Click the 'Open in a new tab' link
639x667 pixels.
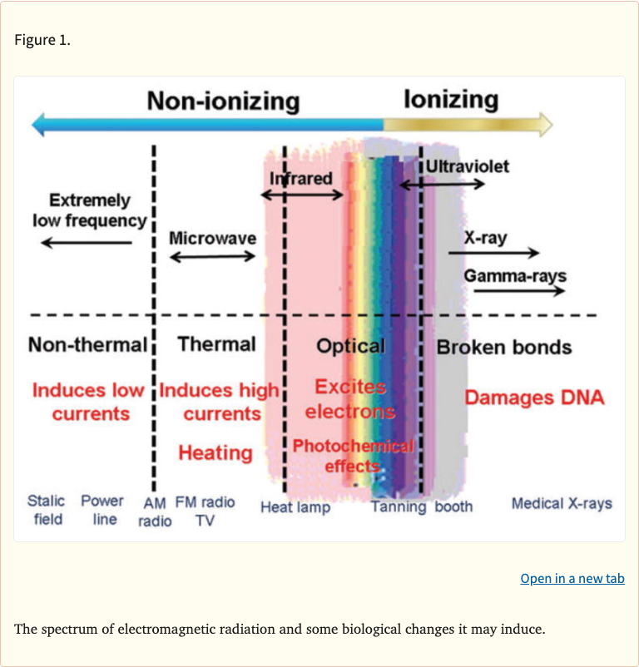[572, 579]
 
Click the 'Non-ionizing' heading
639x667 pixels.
[223, 101]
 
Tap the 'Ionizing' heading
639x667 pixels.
[451, 100]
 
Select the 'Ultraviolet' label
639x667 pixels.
[468, 166]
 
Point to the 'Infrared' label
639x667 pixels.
[300, 178]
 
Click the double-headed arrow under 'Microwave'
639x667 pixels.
[213, 256]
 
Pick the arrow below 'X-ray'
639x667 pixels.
[502, 253]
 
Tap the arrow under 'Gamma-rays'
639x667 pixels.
[515, 291]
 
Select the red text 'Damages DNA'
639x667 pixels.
[534, 398]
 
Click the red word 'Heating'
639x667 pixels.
[215, 453]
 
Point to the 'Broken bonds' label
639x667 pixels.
[504, 347]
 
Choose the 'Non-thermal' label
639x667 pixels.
[87, 344]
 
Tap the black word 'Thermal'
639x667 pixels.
[216, 344]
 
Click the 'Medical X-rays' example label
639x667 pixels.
[562, 504]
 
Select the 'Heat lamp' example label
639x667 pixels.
[295, 507]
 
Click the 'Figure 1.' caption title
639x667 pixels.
[42, 40]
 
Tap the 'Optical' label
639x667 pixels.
[350, 346]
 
